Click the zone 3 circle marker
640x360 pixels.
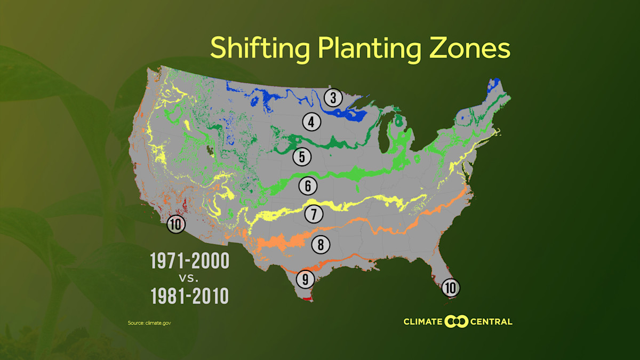pyautogui.click(x=333, y=98)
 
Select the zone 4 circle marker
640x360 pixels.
pyautogui.click(x=311, y=122)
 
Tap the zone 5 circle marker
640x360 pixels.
pyautogui.click(x=301, y=157)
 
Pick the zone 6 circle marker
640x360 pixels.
pyautogui.click(x=308, y=186)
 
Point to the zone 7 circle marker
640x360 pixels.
pyautogui.click(x=314, y=214)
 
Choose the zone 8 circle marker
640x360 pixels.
pyautogui.click(x=321, y=244)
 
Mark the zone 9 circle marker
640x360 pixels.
pyautogui.click(x=305, y=278)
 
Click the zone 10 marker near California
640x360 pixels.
pyautogui.click(x=175, y=224)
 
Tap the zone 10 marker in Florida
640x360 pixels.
pyautogui.click(x=451, y=288)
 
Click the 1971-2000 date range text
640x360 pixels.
pyautogui.click(x=190, y=261)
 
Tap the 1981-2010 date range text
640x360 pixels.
pyautogui.click(x=190, y=296)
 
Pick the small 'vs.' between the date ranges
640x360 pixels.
pyautogui.click(x=190, y=279)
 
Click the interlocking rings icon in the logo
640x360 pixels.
pyautogui.click(x=457, y=322)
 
